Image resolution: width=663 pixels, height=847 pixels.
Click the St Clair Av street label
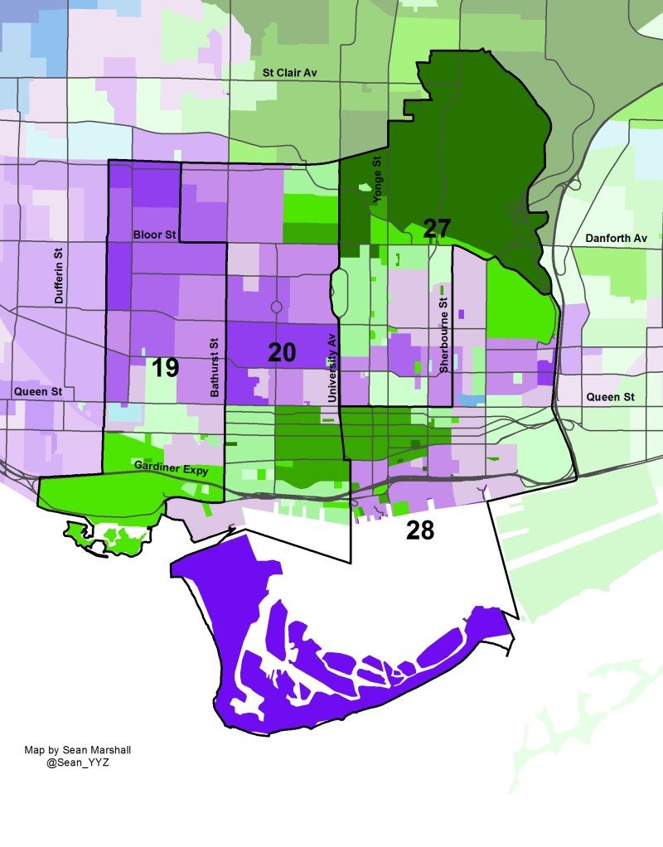[290, 73]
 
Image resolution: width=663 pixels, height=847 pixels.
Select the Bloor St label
[155, 235]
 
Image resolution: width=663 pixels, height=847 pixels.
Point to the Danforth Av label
[616, 238]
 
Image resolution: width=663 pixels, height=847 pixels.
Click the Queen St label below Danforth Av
[610, 397]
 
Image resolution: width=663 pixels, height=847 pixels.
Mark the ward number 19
[165, 367]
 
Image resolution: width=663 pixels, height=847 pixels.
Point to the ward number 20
[282, 352]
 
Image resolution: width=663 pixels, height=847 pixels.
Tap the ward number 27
[437, 229]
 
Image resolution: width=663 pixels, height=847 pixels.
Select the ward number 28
[420, 530]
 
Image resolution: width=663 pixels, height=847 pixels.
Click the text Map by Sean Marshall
[78, 750]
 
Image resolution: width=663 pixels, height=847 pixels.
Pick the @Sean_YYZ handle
[79, 762]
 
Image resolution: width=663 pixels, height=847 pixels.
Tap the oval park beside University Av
[338, 286]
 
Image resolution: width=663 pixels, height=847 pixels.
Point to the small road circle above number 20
[276, 307]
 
